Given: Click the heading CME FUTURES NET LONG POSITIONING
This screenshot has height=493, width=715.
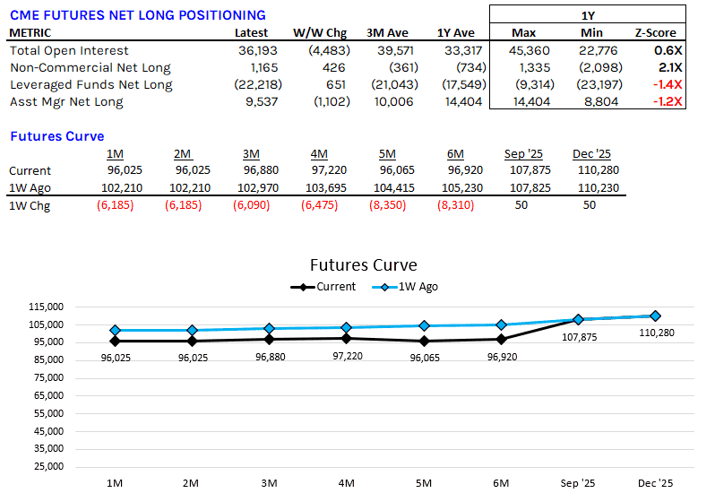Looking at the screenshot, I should (x=137, y=15).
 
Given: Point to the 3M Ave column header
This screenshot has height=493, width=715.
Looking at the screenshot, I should (x=388, y=33).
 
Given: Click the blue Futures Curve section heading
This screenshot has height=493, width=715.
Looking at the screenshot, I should (x=56, y=136).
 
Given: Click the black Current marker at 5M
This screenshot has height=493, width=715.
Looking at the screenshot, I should (x=425, y=341).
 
